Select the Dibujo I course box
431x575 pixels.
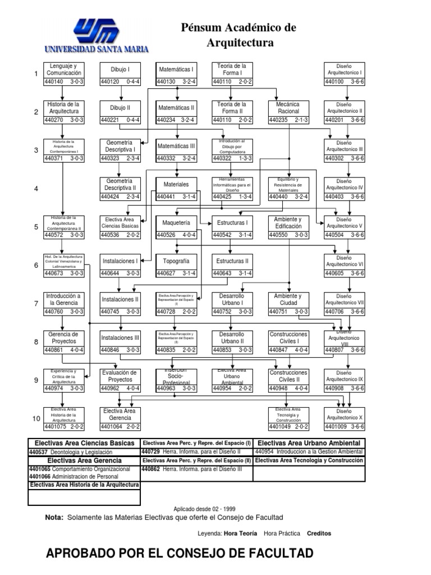120,74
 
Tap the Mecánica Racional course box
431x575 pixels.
288,112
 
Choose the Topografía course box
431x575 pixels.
176,265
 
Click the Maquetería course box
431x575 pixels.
176,227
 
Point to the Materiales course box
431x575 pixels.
176,188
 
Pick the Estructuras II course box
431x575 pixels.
232,265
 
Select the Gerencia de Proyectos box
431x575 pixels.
64,342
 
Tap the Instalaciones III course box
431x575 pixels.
120,342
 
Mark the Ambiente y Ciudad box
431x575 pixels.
288,303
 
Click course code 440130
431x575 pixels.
167,82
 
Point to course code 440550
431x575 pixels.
279,235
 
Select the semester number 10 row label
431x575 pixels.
36,419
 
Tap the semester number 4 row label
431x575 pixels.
36,189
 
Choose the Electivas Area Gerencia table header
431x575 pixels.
84,460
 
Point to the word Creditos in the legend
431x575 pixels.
319,533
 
